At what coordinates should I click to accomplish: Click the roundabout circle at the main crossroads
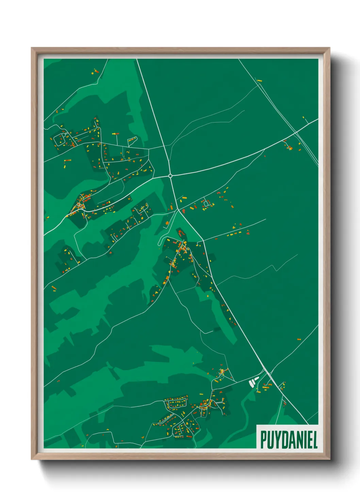[170, 176]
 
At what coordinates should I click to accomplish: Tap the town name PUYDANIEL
[289, 440]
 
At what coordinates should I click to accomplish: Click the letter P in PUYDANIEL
[264, 440]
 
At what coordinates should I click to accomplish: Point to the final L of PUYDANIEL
[315, 440]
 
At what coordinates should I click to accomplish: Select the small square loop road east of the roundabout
[206, 203]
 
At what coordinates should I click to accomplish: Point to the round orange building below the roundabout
[167, 223]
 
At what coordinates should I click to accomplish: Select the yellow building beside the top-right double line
[260, 81]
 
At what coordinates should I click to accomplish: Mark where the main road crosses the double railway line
[296, 132]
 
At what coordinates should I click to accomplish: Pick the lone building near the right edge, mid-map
[299, 339]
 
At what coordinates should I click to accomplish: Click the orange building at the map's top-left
[96, 72]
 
